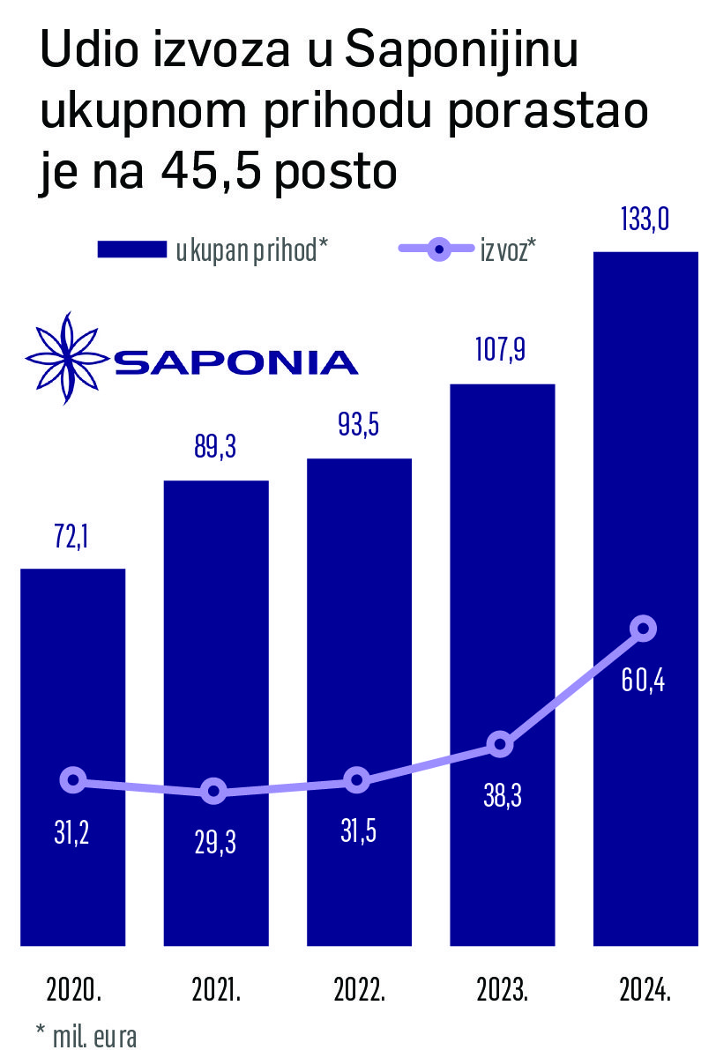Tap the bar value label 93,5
click(358, 427)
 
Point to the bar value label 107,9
click(501, 351)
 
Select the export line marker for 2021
click(213, 792)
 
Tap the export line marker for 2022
click(356, 779)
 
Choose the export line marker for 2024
click(645, 629)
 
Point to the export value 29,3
click(215, 843)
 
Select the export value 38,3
click(501, 797)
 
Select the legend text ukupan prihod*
click(251, 250)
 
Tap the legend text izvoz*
click(509, 250)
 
